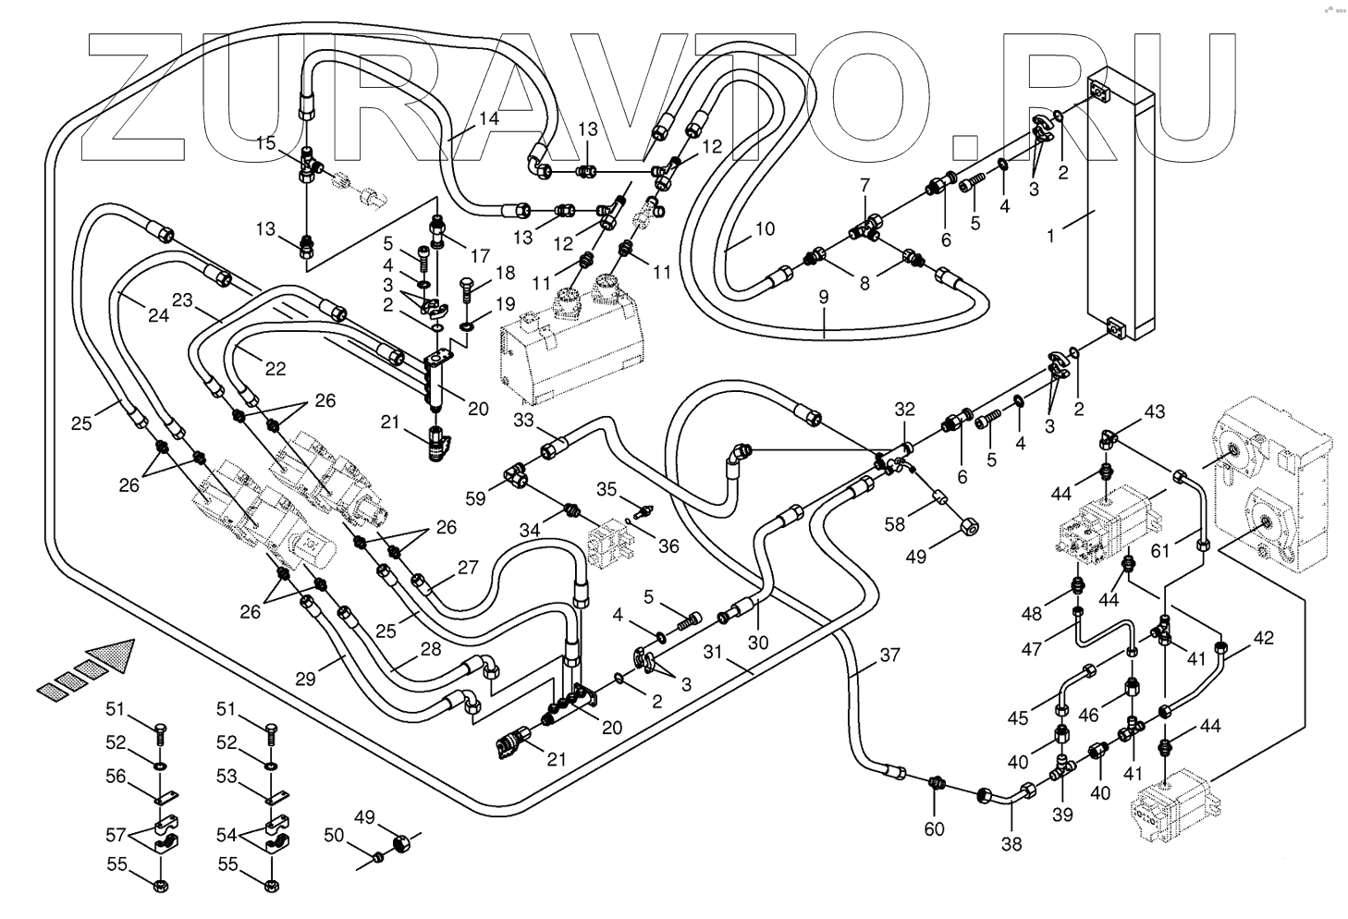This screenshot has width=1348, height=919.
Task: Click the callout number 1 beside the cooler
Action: [1050, 236]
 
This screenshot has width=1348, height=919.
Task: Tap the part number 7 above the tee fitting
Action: [864, 185]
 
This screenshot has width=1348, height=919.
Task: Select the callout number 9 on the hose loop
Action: [824, 297]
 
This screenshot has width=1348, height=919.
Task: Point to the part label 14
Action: [489, 118]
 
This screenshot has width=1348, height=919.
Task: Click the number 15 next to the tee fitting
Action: [265, 143]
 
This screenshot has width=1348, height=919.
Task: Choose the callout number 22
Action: [275, 368]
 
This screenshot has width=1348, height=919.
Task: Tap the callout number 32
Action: [904, 410]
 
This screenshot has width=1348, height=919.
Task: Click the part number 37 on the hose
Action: [889, 655]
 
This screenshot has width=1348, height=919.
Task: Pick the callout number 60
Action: [934, 829]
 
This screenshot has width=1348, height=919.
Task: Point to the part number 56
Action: [116, 777]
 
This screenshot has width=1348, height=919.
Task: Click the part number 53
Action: [227, 777]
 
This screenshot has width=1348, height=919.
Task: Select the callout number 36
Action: [668, 545]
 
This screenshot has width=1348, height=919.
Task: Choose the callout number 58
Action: [894, 524]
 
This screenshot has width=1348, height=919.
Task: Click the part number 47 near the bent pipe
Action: [1032, 649]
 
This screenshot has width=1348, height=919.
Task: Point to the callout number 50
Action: [334, 835]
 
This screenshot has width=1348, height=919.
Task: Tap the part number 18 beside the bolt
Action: [506, 273]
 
